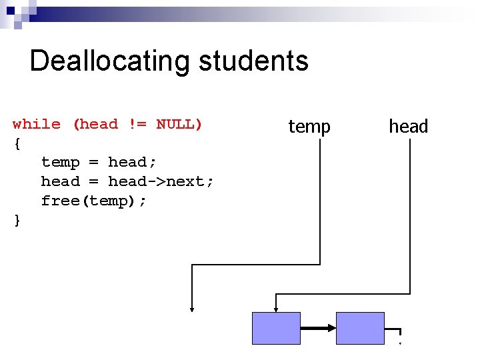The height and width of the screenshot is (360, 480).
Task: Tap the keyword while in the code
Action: coord(37,124)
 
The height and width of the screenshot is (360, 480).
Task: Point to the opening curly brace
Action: coord(17,143)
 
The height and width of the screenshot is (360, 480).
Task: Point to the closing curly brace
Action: coord(17,220)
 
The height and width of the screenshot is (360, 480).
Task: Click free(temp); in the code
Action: coord(93,201)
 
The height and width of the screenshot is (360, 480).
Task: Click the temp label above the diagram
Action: coord(309,126)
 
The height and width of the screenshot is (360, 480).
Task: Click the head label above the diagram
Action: coord(408,126)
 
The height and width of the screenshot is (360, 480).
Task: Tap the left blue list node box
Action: coord(276,328)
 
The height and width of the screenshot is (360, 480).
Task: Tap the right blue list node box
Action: coord(360,328)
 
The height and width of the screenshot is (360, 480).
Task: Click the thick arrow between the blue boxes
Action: coord(318,328)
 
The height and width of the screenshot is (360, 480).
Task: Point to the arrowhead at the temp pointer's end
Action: coord(192,308)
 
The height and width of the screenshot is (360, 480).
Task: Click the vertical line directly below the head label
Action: coord(408,213)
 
